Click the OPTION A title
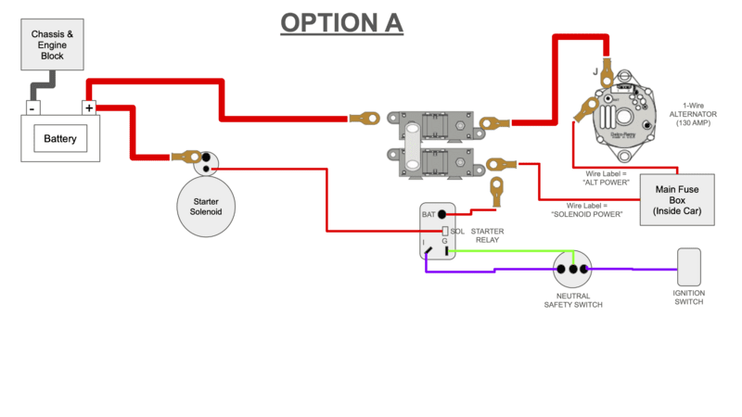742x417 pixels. (341, 22)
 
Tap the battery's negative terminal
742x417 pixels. (32, 108)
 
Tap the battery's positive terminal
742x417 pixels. (89, 108)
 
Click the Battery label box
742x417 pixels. (60, 140)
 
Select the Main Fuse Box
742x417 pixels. (677, 200)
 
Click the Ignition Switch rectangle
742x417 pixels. (689, 268)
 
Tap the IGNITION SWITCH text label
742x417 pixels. (689, 297)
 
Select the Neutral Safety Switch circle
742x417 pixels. (573, 270)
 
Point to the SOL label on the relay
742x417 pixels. (457, 231)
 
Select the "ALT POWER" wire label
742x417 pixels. (607, 178)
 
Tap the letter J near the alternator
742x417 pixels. (595, 70)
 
